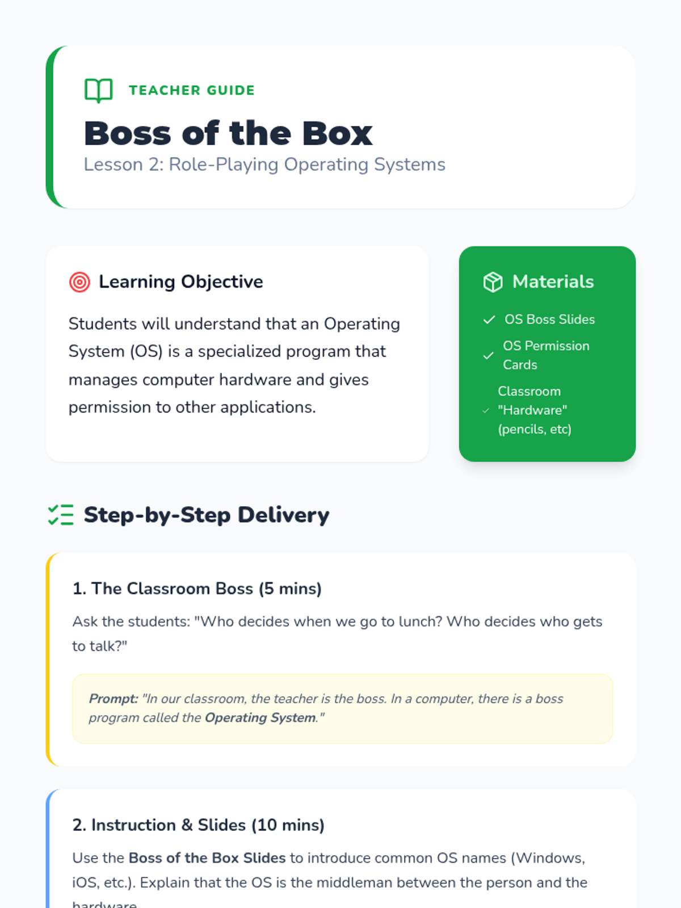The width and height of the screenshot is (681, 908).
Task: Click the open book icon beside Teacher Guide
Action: coord(98,90)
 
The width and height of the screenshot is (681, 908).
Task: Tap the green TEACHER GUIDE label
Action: coord(192,90)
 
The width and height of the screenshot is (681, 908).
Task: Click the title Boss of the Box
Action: coord(228,133)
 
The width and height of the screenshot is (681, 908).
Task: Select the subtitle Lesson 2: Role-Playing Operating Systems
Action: coord(264,165)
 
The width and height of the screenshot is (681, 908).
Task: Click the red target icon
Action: coord(79,282)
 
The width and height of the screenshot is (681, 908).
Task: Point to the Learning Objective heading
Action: coord(180,282)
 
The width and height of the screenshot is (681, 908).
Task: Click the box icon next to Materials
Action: coord(493,282)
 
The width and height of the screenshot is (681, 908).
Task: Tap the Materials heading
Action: coord(553,281)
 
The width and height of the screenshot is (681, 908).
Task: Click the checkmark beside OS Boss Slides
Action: coord(489,320)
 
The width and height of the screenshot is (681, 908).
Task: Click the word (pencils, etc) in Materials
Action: coord(535,430)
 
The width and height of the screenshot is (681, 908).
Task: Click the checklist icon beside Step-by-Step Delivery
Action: coord(61,515)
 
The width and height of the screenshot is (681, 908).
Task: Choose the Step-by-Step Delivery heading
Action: coord(207,515)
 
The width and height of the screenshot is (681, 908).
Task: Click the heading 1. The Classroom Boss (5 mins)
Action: coord(197,588)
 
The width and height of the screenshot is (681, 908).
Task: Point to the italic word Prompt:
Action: coord(113,699)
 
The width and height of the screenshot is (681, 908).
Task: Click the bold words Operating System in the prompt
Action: coord(260,718)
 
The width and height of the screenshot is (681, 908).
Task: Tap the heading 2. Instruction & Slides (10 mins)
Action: coord(199,825)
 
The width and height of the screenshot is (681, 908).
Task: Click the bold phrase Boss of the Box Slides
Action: coord(207,858)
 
